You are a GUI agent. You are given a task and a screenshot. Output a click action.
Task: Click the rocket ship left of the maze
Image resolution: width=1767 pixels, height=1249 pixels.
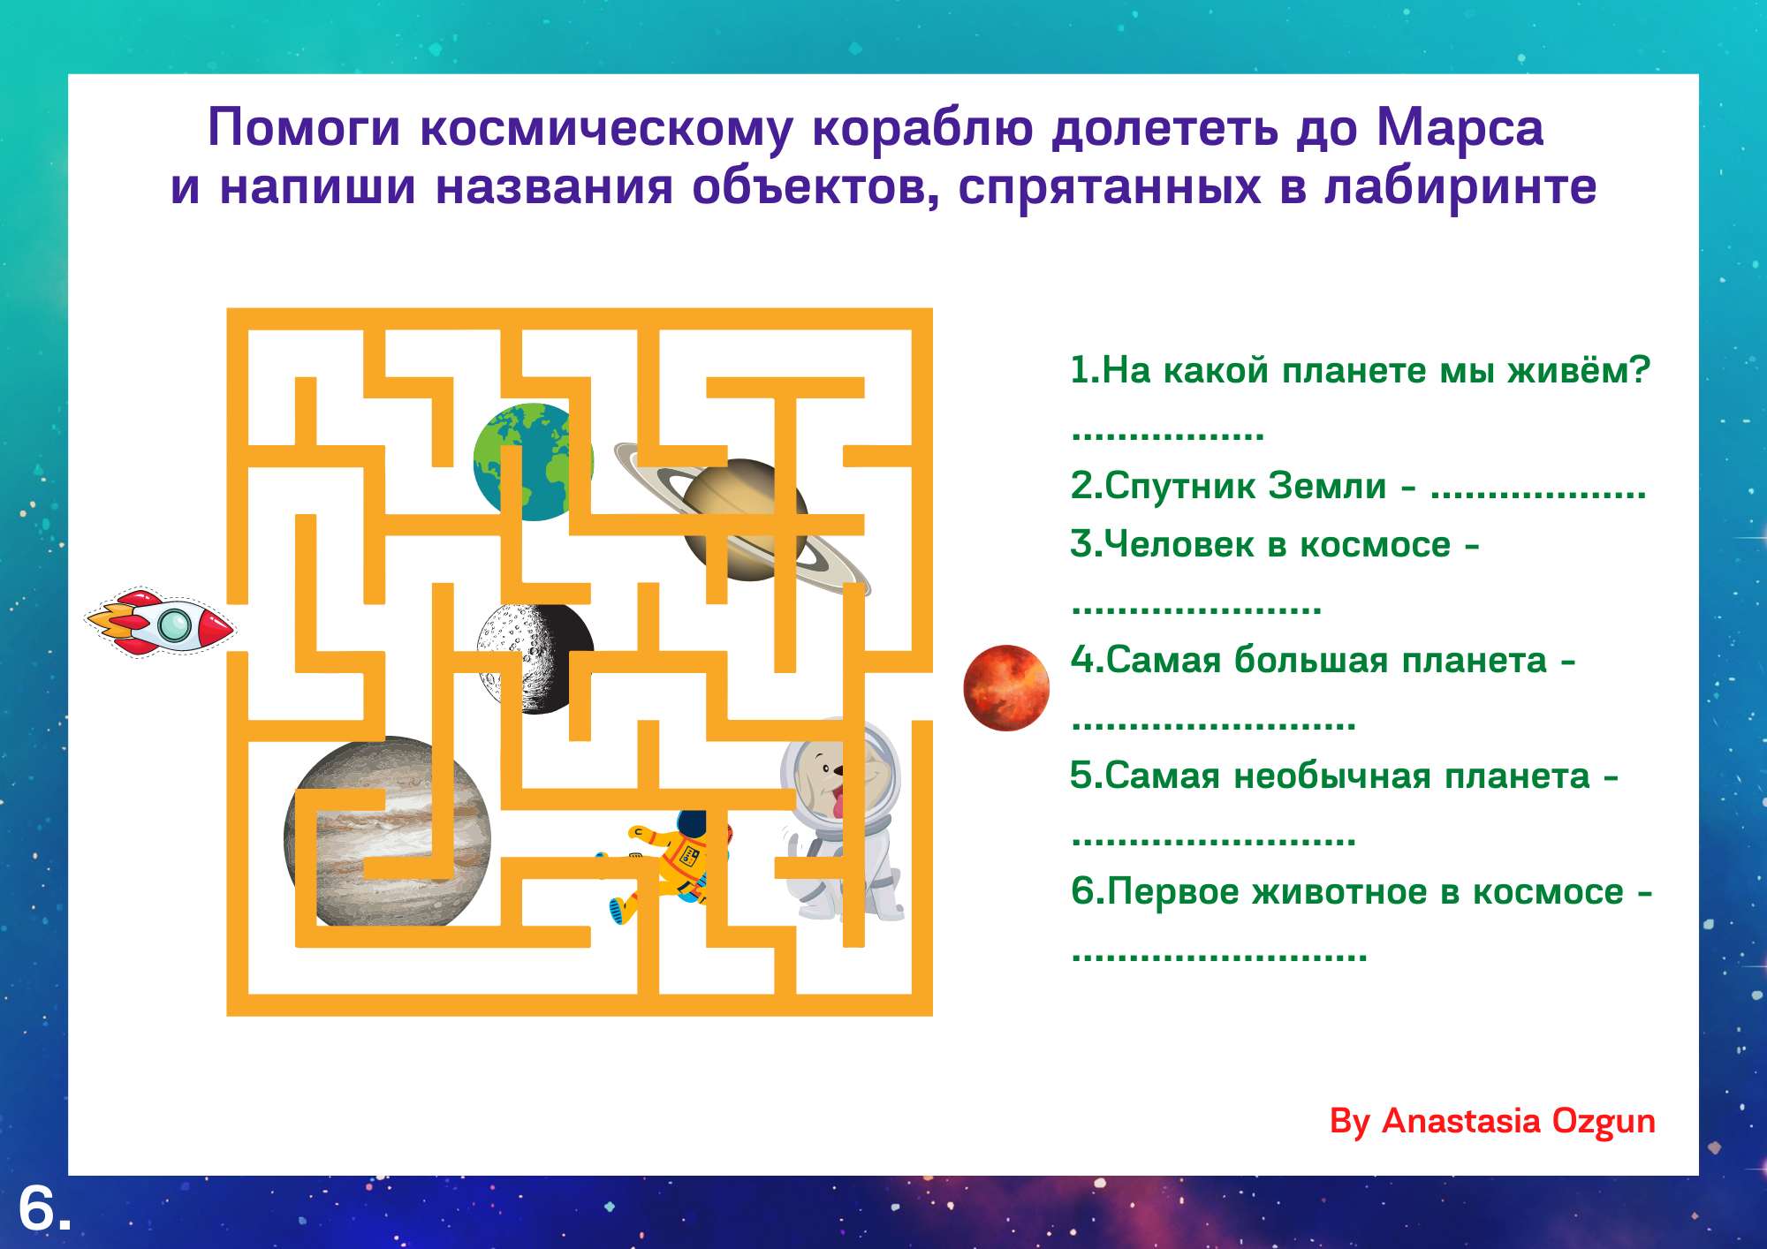coord(160,624)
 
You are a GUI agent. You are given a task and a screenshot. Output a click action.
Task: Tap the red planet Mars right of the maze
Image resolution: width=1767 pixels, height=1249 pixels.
coord(1006,688)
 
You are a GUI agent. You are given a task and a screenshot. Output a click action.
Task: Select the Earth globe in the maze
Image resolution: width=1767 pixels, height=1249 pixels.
coord(533,462)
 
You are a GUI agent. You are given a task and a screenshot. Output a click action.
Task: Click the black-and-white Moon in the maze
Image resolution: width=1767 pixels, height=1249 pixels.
coord(535,658)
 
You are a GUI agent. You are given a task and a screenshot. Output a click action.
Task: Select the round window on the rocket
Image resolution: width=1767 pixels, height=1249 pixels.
coord(174,625)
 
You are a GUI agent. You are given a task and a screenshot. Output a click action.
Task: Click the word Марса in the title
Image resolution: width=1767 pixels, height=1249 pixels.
coord(1460,127)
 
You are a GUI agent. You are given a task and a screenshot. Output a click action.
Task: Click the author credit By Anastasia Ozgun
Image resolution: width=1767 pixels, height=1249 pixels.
coord(1492,1121)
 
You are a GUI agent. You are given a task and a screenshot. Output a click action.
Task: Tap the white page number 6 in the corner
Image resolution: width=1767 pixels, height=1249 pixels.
coord(37,1207)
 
